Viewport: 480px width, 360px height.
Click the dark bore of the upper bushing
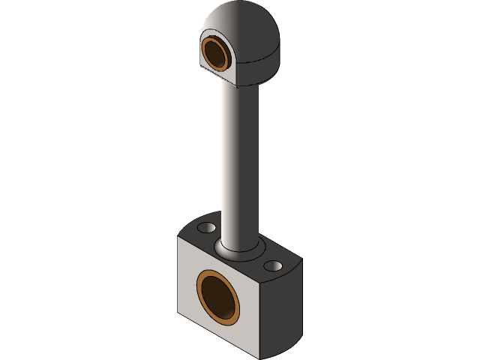[x=218, y=54]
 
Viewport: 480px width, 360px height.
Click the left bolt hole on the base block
[x=205, y=226]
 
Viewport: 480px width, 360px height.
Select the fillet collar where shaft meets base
[x=238, y=250]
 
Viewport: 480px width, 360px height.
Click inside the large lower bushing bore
[x=220, y=297]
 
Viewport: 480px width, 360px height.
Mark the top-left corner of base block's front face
[x=178, y=237]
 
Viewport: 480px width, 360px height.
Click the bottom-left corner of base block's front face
[x=178, y=313]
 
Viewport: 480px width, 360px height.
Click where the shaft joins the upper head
[x=241, y=85]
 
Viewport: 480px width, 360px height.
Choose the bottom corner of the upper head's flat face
[x=238, y=85]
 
